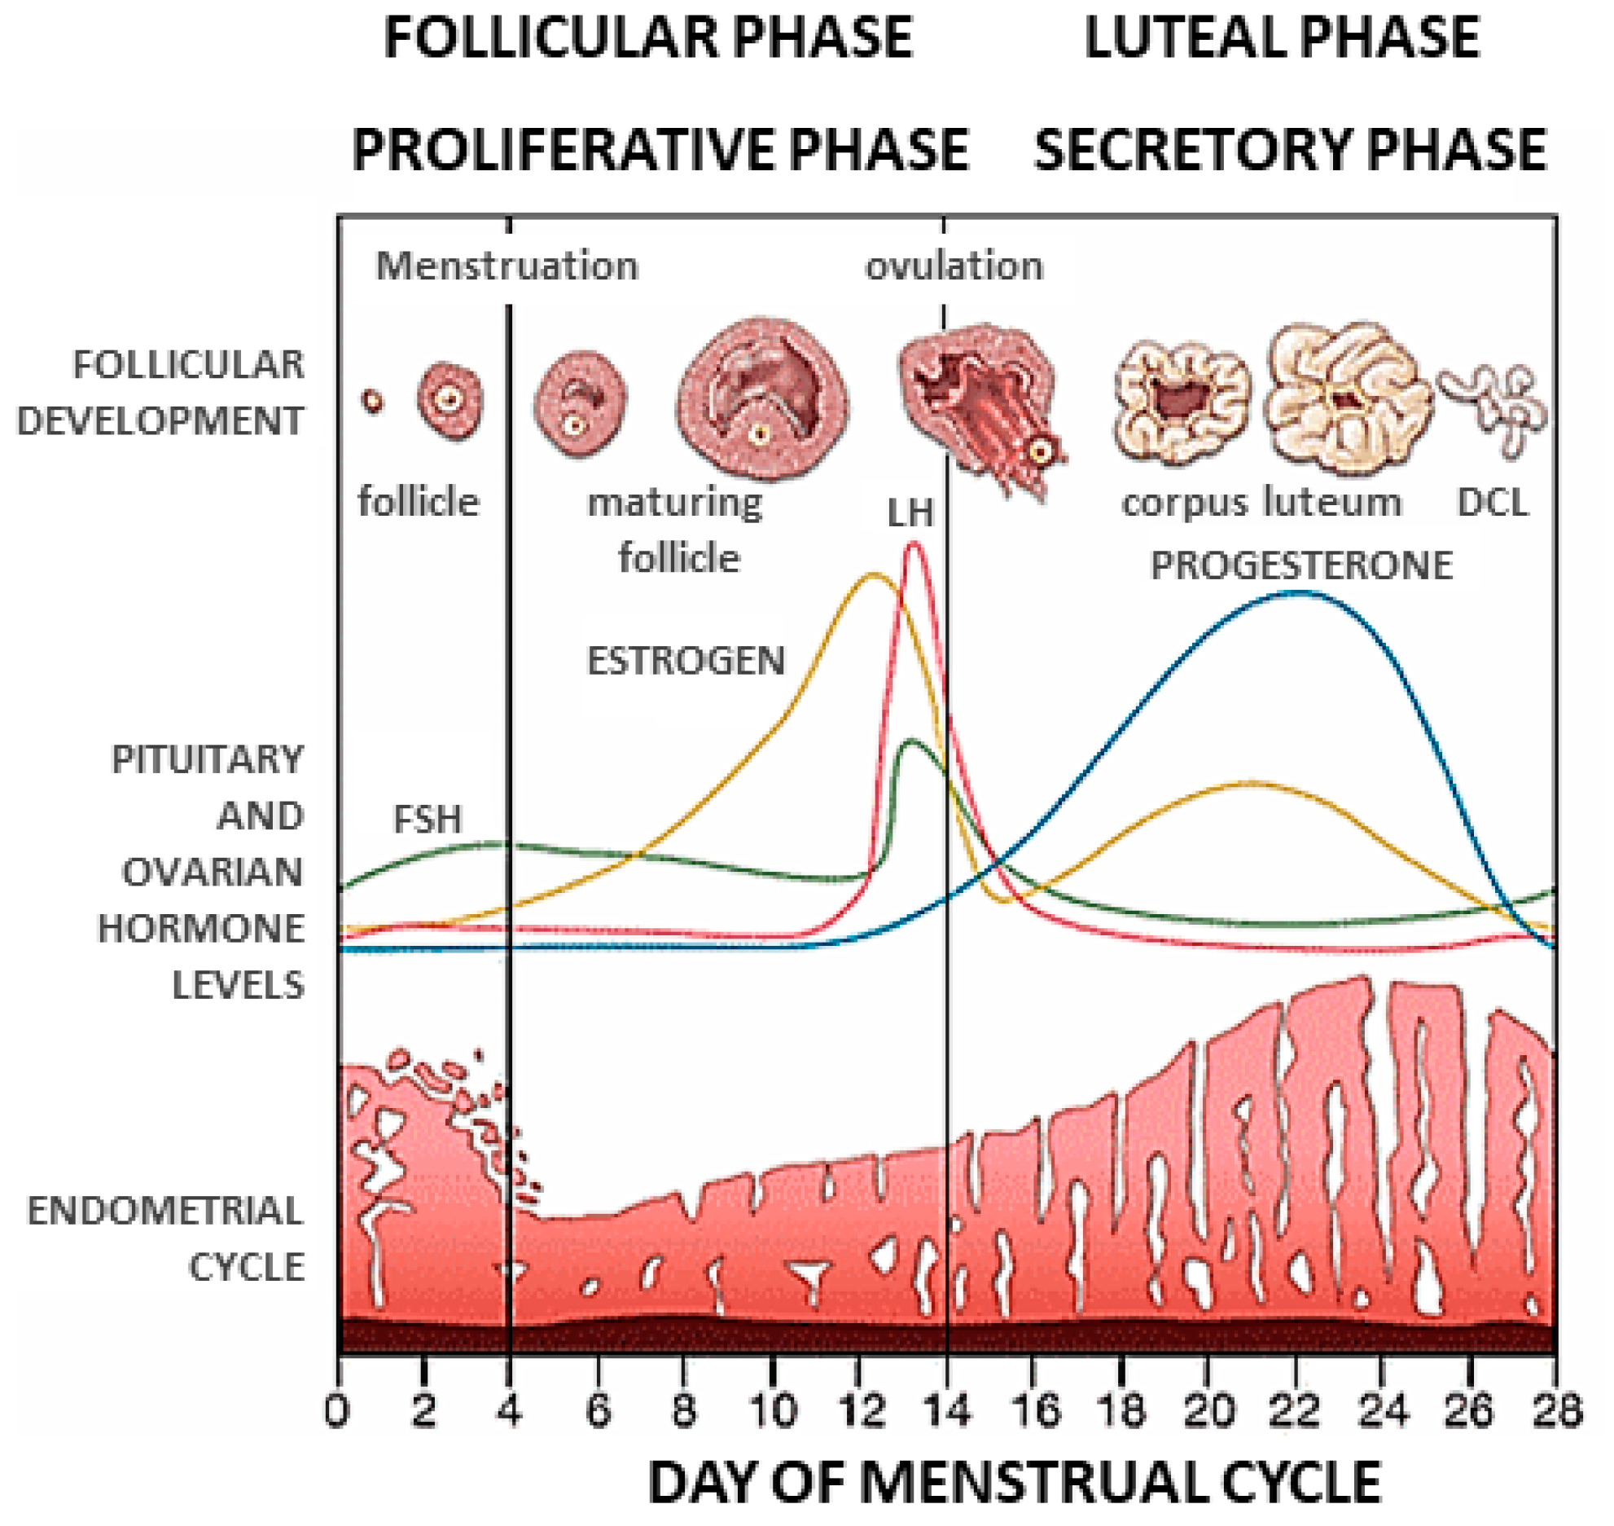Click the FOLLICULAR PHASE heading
tap(648, 37)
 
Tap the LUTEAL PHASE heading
tap(1282, 37)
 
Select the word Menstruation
tap(507, 266)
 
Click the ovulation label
tap(954, 266)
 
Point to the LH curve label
tap(910, 513)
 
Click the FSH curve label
tap(428, 819)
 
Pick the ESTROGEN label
tap(686, 660)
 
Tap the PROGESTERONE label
tap(1300, 565)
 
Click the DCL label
tap(1492, 502)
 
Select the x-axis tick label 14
tap(946, 1410)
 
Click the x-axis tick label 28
tap(1556, 1410)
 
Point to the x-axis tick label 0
tap(337, 1410)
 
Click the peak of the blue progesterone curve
tap(1299, 592)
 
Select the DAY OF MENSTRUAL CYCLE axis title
tap(1015, 1481)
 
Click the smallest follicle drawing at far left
tap(373, 401)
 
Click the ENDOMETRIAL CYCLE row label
tap(166, 1238)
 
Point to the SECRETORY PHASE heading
tap(1290, 150)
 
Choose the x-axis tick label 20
tap(1209, 1410)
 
